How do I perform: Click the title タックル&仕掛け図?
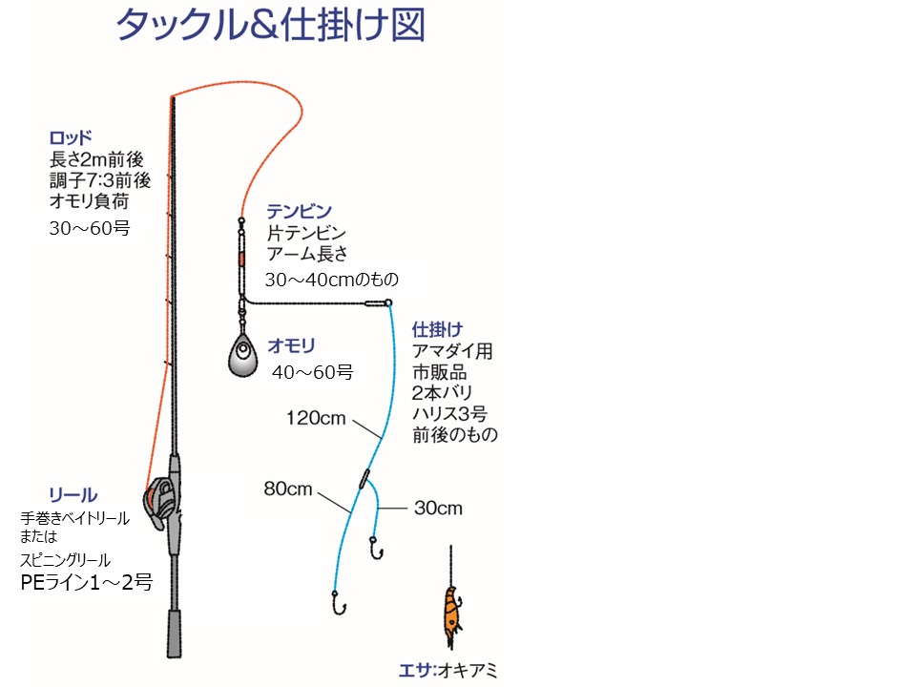270,27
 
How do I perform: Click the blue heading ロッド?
70,136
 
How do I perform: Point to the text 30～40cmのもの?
331,280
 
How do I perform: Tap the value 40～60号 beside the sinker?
312,373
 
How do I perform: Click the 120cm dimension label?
315,418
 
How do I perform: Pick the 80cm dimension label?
288,489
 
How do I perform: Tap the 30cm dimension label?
438,509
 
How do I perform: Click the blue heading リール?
73,494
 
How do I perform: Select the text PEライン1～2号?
86,581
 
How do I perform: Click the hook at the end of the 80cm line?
337,605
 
